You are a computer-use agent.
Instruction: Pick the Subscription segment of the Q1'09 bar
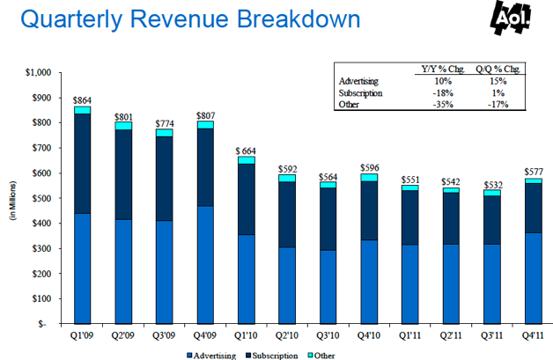pos(83,164)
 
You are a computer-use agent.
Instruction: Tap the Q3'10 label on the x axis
pos(328,335)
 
